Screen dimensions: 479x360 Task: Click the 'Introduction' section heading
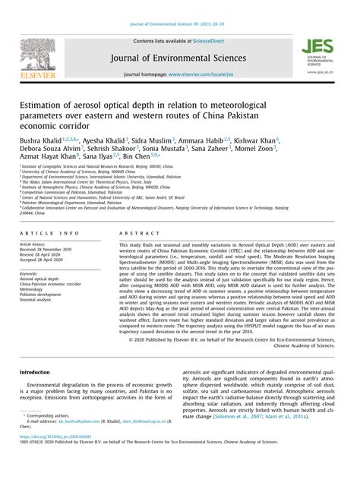[x=34, y=373]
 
